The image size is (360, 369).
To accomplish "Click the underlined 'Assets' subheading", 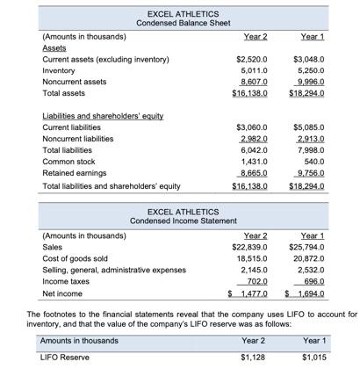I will pos(54,50).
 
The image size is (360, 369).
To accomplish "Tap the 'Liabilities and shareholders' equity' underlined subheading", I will pos(103,115).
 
